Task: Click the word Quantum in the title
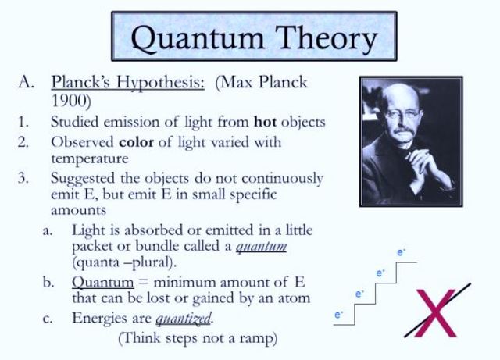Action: [x=184, y=37]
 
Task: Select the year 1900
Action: [x=71, y=101]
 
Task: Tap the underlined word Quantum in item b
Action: [x=98, y=282]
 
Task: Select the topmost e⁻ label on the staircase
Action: [x=402, y=253]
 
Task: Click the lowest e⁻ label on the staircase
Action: [x=339, y=315]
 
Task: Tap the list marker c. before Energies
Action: [x=48, y=319]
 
